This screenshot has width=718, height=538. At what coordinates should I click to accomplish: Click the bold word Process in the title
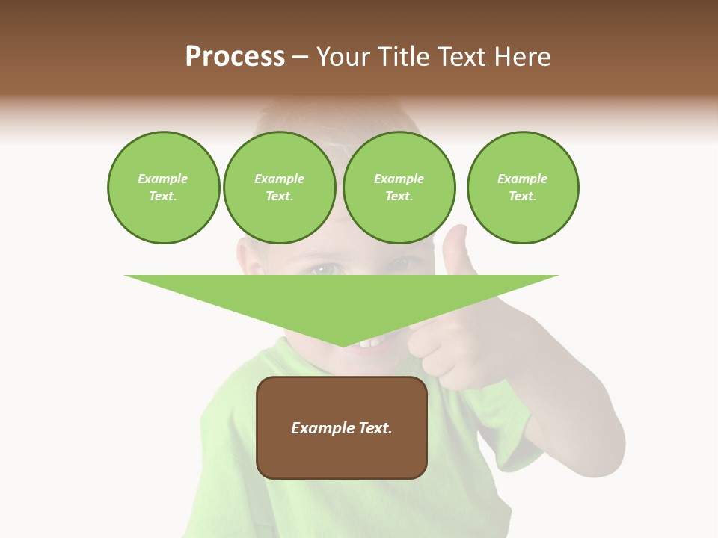[235, 56]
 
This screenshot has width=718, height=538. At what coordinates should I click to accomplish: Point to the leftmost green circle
[163, 188]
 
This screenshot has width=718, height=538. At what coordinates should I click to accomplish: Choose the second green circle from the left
[280, 188]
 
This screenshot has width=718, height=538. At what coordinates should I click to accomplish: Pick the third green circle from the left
[399, 188]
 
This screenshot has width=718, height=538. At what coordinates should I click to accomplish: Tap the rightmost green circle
[523, 188]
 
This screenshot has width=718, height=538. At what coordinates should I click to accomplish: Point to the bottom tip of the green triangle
[343, 344]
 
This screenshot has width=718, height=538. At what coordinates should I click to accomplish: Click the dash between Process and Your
[300, 57]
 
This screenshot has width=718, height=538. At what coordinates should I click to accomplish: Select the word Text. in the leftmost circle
[163, 197]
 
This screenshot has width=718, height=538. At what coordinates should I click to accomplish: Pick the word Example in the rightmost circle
[523, 179]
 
